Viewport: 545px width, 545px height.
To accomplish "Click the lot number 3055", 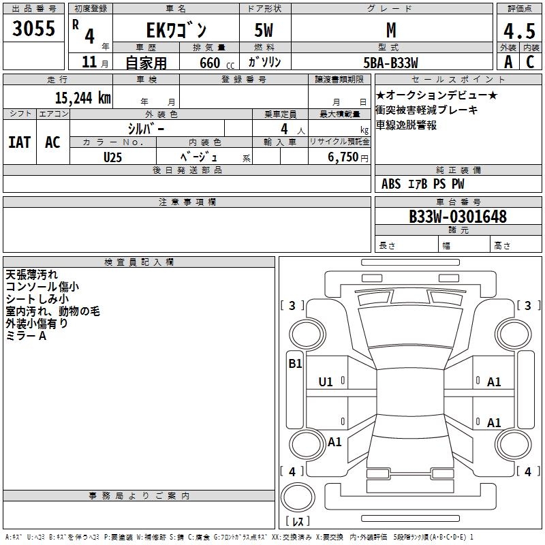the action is pos(34,29).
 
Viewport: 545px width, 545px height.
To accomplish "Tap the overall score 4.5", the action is pos(518,31).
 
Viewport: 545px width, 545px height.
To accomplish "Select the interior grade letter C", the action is pos(530,61).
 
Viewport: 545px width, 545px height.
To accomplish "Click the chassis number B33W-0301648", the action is pos(457,217).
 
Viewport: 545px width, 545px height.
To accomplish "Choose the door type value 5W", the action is pos(265,30).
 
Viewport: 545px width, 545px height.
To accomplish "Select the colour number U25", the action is pos(113,157).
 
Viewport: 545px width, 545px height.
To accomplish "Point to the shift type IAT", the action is pos(19,142).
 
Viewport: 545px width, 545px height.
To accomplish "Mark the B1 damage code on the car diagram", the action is pos(295,364).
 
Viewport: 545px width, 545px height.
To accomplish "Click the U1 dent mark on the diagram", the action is pos(326,382).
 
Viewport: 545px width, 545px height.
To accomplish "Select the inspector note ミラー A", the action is pos(25,336).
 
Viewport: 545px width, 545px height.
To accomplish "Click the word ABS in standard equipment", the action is pos(391,184).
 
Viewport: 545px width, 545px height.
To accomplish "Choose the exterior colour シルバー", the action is pos(146,128).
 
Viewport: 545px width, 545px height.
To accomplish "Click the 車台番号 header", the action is pos(458,202).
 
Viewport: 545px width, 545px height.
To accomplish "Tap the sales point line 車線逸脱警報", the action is pos(407,125).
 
